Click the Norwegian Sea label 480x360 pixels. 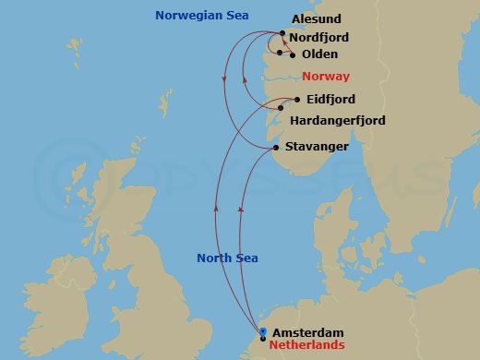pyautogui.click(x=202, y=16)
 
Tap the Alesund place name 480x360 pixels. pyautogui.click(x=317, y=18)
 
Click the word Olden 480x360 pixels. pyautogui.click(x=319, y=54)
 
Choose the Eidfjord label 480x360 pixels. pyautogui.click(x=330, y=100)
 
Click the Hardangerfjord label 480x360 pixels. pyautogui.click(x=337, y=121)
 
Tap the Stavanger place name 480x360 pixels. pyautogui.click(x=316, y=147)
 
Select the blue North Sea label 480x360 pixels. pyautogui.click(x=227, y=258)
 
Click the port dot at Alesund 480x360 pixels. pyautogui.click(x=282, y=33)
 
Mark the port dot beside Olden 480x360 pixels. pyautogui.click(x=293, y=55)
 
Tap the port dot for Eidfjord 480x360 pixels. pyautogui.click(x=296, y=100)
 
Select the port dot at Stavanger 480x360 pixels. pyautogui.click(x=276, y=148)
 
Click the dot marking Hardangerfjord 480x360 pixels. pyautogui.click(x=281, y=108)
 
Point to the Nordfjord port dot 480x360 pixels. pyautogui.click(x=279, y=53)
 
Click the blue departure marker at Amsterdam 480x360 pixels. pyautogui.click(x=263, y=332)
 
